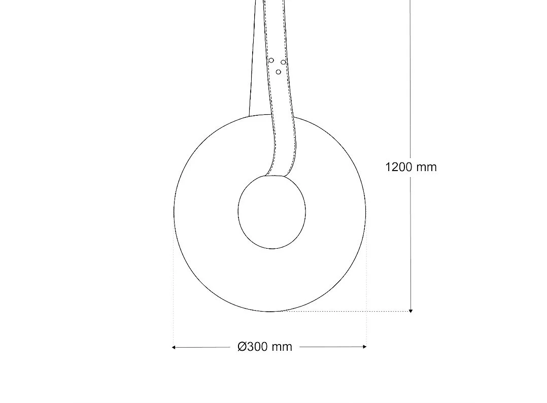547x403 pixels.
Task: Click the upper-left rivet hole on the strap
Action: point(271,60)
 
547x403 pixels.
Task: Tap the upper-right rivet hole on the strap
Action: point(283,62)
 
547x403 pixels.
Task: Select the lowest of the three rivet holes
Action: point(278,72)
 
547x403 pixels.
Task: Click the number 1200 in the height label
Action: point(399,167)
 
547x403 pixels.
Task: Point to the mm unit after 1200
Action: point(426,167)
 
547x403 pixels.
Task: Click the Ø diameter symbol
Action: point(242,347)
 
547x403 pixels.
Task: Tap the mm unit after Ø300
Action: point(282,347)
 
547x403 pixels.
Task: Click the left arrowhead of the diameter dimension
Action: point(174,347)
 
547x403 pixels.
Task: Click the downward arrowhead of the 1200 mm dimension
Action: point(411,310)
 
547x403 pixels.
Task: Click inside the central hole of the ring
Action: point(272,212)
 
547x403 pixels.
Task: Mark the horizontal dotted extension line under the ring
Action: point(345,311)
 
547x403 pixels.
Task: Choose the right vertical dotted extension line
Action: point(366,284)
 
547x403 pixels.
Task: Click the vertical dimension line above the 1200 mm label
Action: point(411,76)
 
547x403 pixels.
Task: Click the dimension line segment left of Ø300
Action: point(203,347)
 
